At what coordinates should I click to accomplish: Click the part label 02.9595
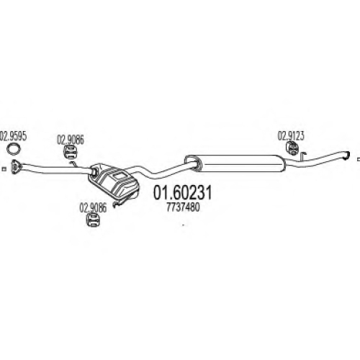pyautogui.click(x=13, y=136)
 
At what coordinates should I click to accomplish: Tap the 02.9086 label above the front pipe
pyautogui.click(x=71, y=140)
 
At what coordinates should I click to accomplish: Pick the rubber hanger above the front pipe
pyautogui.click(x=70, y=152)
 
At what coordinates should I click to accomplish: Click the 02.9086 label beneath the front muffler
pyautogui.click(x=93, y=208)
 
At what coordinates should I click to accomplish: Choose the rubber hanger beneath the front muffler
pyautogui.click(x=93, y=220)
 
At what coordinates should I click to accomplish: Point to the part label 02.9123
pyautogui.click(x=291, y=136)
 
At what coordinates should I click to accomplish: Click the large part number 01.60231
pyautogui.click(x=183, y=193)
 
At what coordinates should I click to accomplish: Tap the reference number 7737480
pyautogui.click(x=183, y=207)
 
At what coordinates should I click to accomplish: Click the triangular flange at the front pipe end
pyautogui.click(x=17, y=166)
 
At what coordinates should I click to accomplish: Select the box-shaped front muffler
pyautogui.click(x=113, y=181)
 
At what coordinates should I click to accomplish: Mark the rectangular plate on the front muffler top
pyautogui.click(x=119, y=176)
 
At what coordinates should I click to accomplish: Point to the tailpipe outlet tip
pyautogui.click(x=347, y=156)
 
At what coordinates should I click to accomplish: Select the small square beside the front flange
pyautogui.click(x=4, y=169)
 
